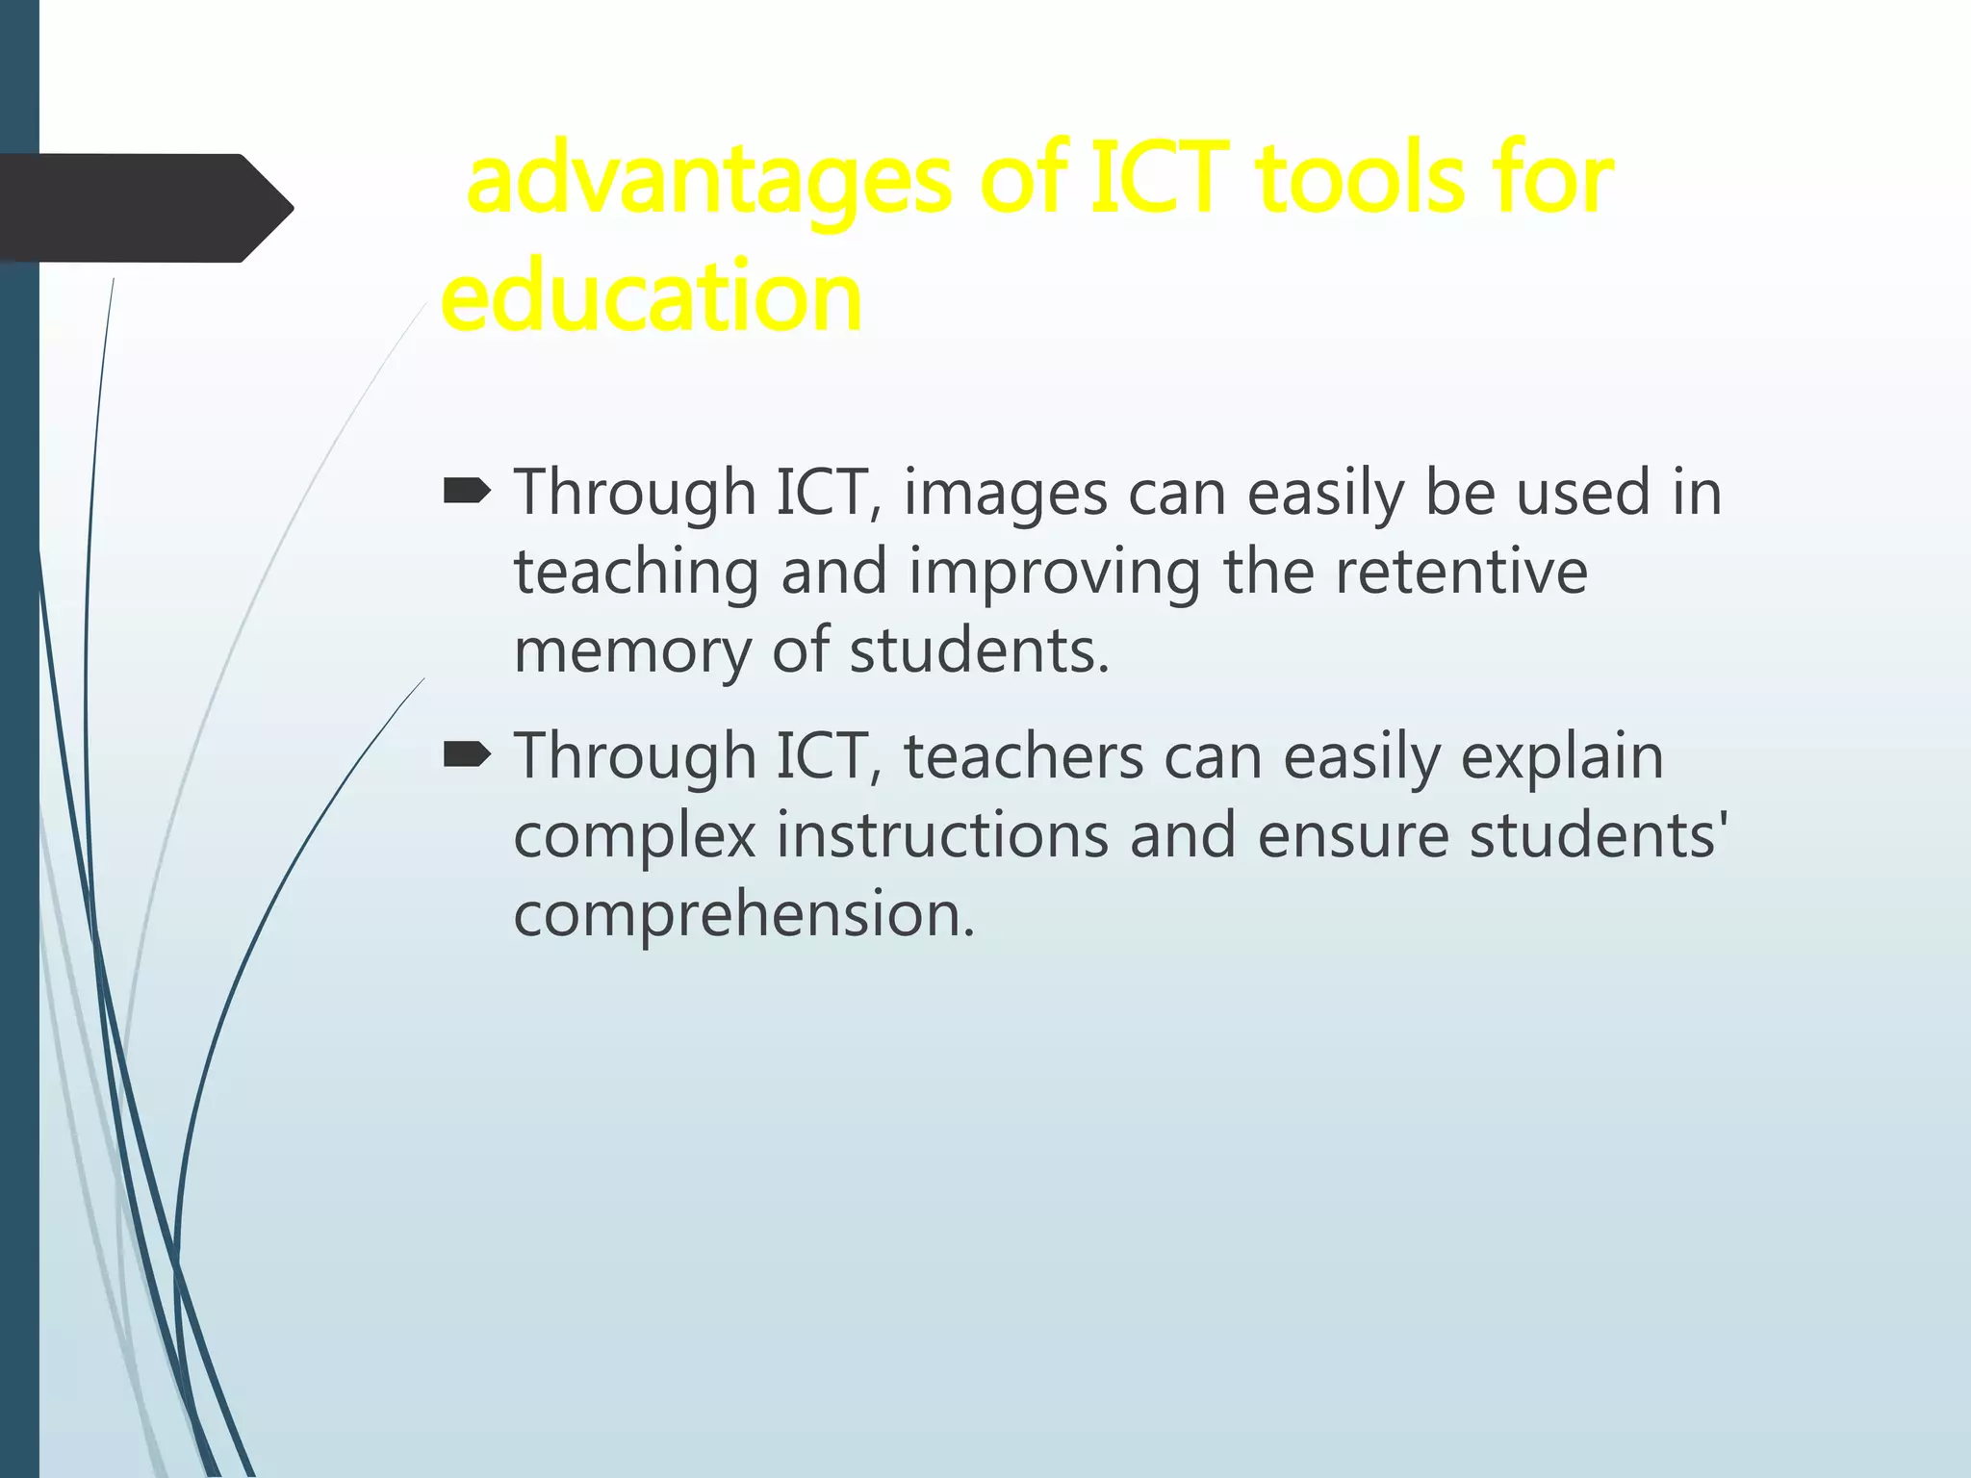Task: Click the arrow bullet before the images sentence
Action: pos(467,494)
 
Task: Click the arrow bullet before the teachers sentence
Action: pos(467,757)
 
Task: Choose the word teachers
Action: pos(1024,756)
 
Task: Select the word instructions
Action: pos(942,835)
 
